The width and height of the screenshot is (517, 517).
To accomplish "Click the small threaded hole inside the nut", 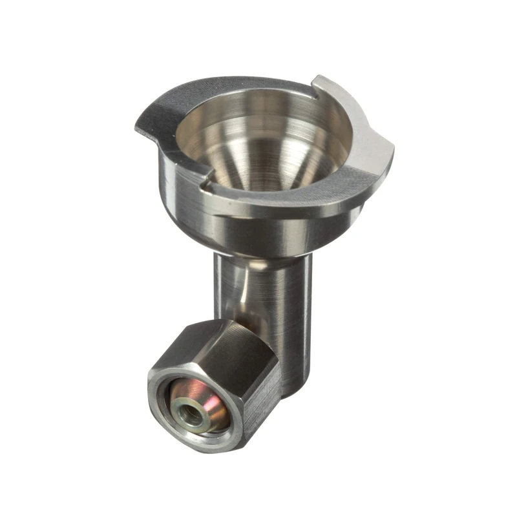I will click(191, 414).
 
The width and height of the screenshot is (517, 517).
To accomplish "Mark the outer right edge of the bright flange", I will click(391, 155).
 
